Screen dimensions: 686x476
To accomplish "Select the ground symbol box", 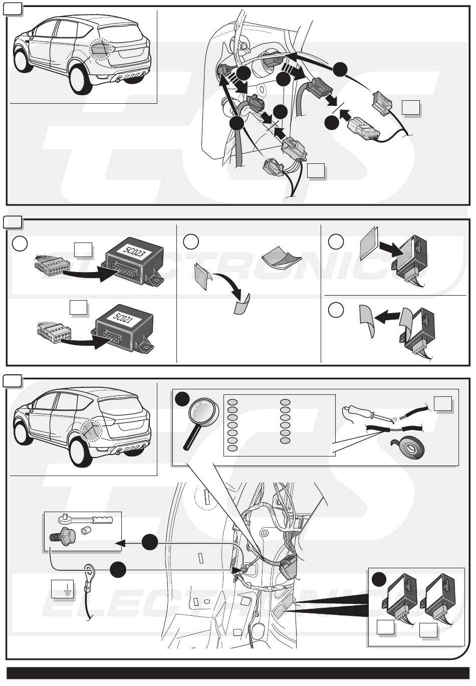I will [x=62, y=589].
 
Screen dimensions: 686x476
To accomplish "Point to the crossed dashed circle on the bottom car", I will [x=92, y=429].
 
